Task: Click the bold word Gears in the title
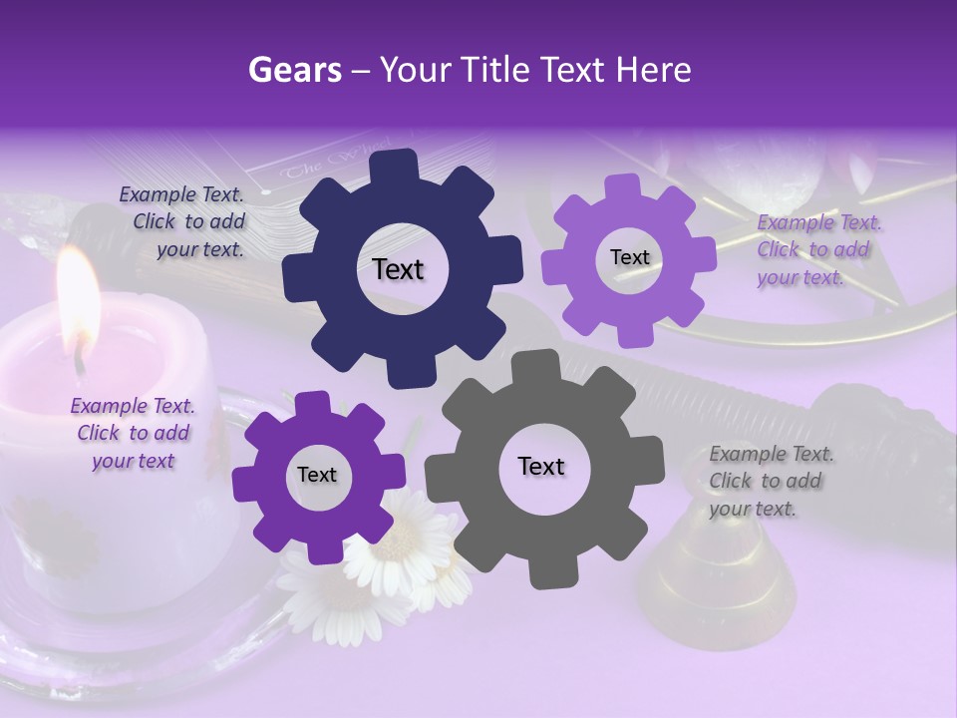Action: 294,70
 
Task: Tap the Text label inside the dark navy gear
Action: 398,269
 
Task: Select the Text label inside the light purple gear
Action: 629,257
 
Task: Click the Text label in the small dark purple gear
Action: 317,475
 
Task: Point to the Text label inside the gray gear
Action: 541,466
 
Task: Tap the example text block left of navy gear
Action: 181,222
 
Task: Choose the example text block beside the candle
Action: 133,433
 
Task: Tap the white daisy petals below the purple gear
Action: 399,558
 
